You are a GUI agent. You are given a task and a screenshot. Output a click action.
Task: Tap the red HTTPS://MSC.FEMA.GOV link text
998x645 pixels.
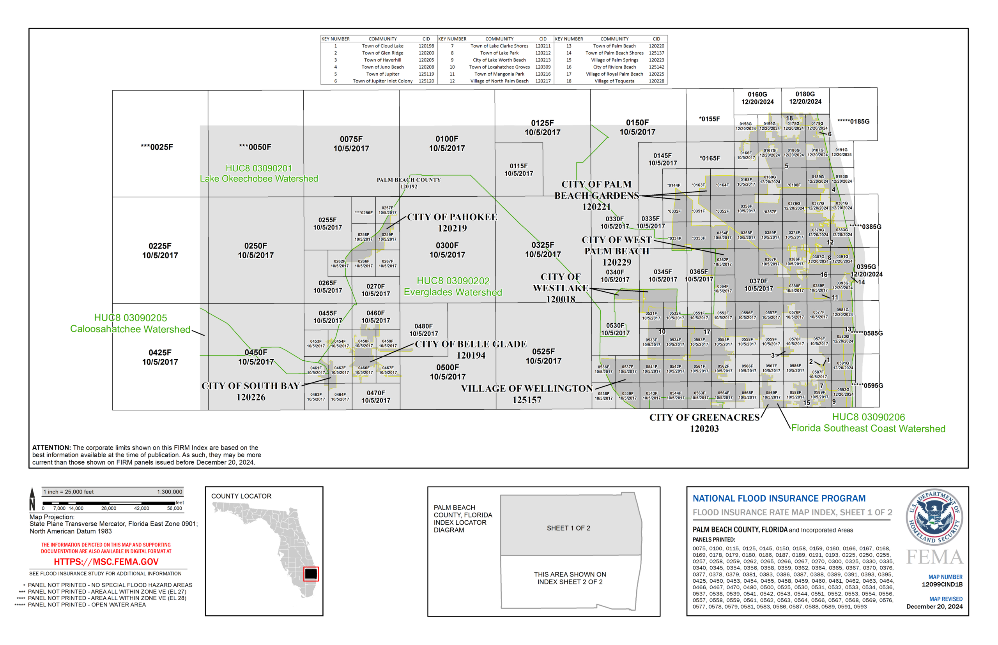(106, 562)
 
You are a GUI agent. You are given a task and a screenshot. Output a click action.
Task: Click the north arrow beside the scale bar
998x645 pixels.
(32, 499)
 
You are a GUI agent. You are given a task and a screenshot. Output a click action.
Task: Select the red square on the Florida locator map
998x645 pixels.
(311, 573)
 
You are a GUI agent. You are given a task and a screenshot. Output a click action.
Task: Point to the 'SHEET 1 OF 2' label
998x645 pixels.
(568, 528)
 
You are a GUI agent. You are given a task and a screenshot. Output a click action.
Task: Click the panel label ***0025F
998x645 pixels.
(157, 147)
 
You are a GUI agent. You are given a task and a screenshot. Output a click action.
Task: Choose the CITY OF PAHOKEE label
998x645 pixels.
(452, 217)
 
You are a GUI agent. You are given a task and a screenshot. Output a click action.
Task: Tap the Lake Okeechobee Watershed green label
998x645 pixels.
(258, 179)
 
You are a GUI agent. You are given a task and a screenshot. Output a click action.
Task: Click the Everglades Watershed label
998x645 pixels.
(453, 293)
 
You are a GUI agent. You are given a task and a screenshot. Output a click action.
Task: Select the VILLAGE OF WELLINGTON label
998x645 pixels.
(526, 389)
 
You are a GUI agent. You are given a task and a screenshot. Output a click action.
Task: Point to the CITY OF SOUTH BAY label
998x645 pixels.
(250, 386)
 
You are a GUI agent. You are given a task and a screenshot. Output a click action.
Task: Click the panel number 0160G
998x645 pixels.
(757, 94)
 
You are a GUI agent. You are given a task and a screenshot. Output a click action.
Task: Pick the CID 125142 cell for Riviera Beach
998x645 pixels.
(656, 67)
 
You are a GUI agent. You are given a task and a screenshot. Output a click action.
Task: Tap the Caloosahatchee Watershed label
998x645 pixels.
(130, 329)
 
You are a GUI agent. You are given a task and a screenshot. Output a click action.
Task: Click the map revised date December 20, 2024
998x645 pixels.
(934, 606)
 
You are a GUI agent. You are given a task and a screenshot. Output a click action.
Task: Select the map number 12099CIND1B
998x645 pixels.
(942, 584)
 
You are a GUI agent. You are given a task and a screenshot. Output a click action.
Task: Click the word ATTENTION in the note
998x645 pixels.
(51, 448)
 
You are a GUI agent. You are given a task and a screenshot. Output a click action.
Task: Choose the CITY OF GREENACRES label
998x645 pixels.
(704, 418)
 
